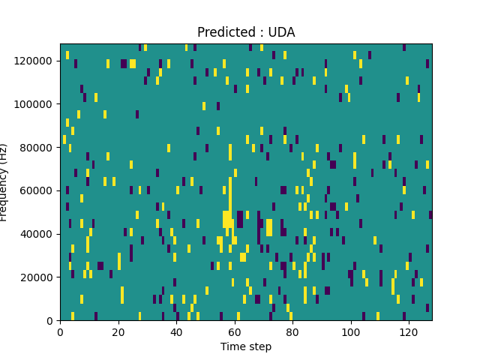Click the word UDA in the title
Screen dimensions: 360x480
point(282,32)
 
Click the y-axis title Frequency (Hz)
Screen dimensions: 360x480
point(4,182)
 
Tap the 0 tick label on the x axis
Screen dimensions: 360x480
point(60,331)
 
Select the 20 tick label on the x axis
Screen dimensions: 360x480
point(118,331)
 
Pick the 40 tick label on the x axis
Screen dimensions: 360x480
point(176,331)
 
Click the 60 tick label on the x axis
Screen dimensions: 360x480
point(235,331)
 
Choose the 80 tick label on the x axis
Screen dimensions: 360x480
point(292,331)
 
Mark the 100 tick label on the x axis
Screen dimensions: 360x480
point(351,331)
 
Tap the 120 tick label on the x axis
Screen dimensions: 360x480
point(409,331)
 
